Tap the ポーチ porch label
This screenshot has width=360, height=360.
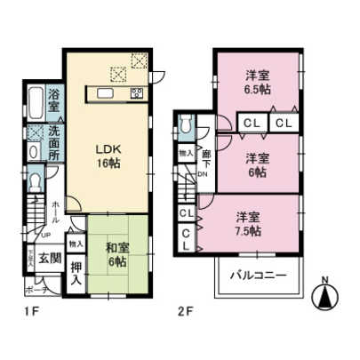coord(36,289)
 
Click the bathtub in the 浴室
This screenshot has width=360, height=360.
coord(33,105)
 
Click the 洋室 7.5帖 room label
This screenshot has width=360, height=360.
coord(248,223)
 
